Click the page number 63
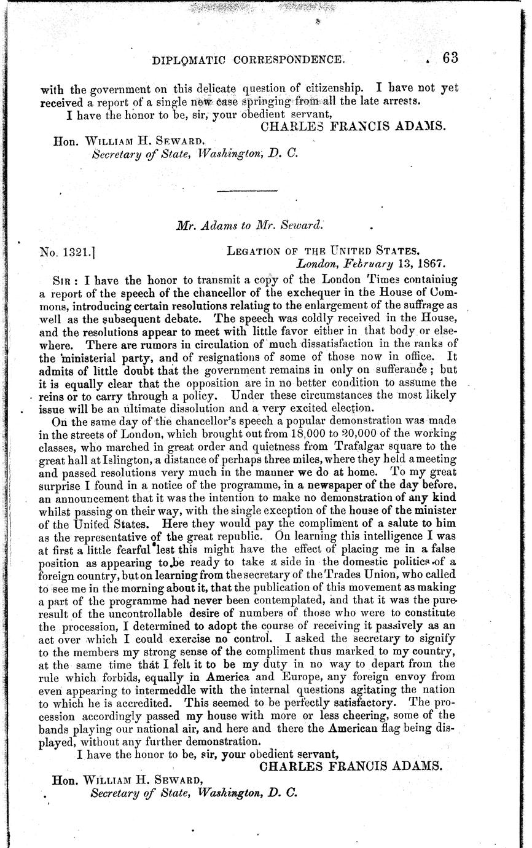(450, 58)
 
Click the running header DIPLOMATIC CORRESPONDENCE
(247, 60)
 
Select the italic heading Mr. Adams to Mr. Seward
(248, 225)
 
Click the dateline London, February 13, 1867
(371, 264)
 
